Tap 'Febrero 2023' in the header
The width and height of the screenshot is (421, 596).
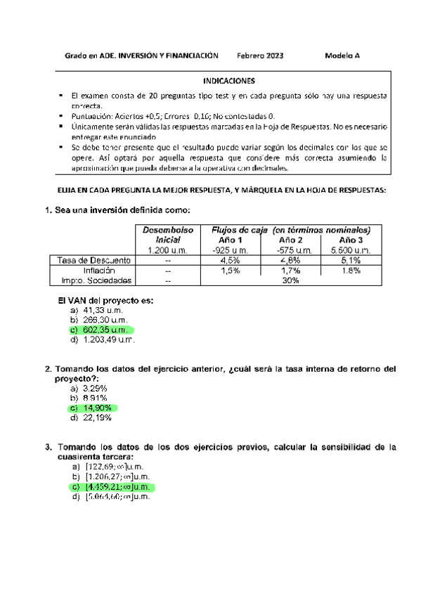(x=260, y=56)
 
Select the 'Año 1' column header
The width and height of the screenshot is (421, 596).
(x=231, y=240)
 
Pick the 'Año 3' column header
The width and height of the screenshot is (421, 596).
(x=351, y=240)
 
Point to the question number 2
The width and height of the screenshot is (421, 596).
(x=48, y=368)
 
